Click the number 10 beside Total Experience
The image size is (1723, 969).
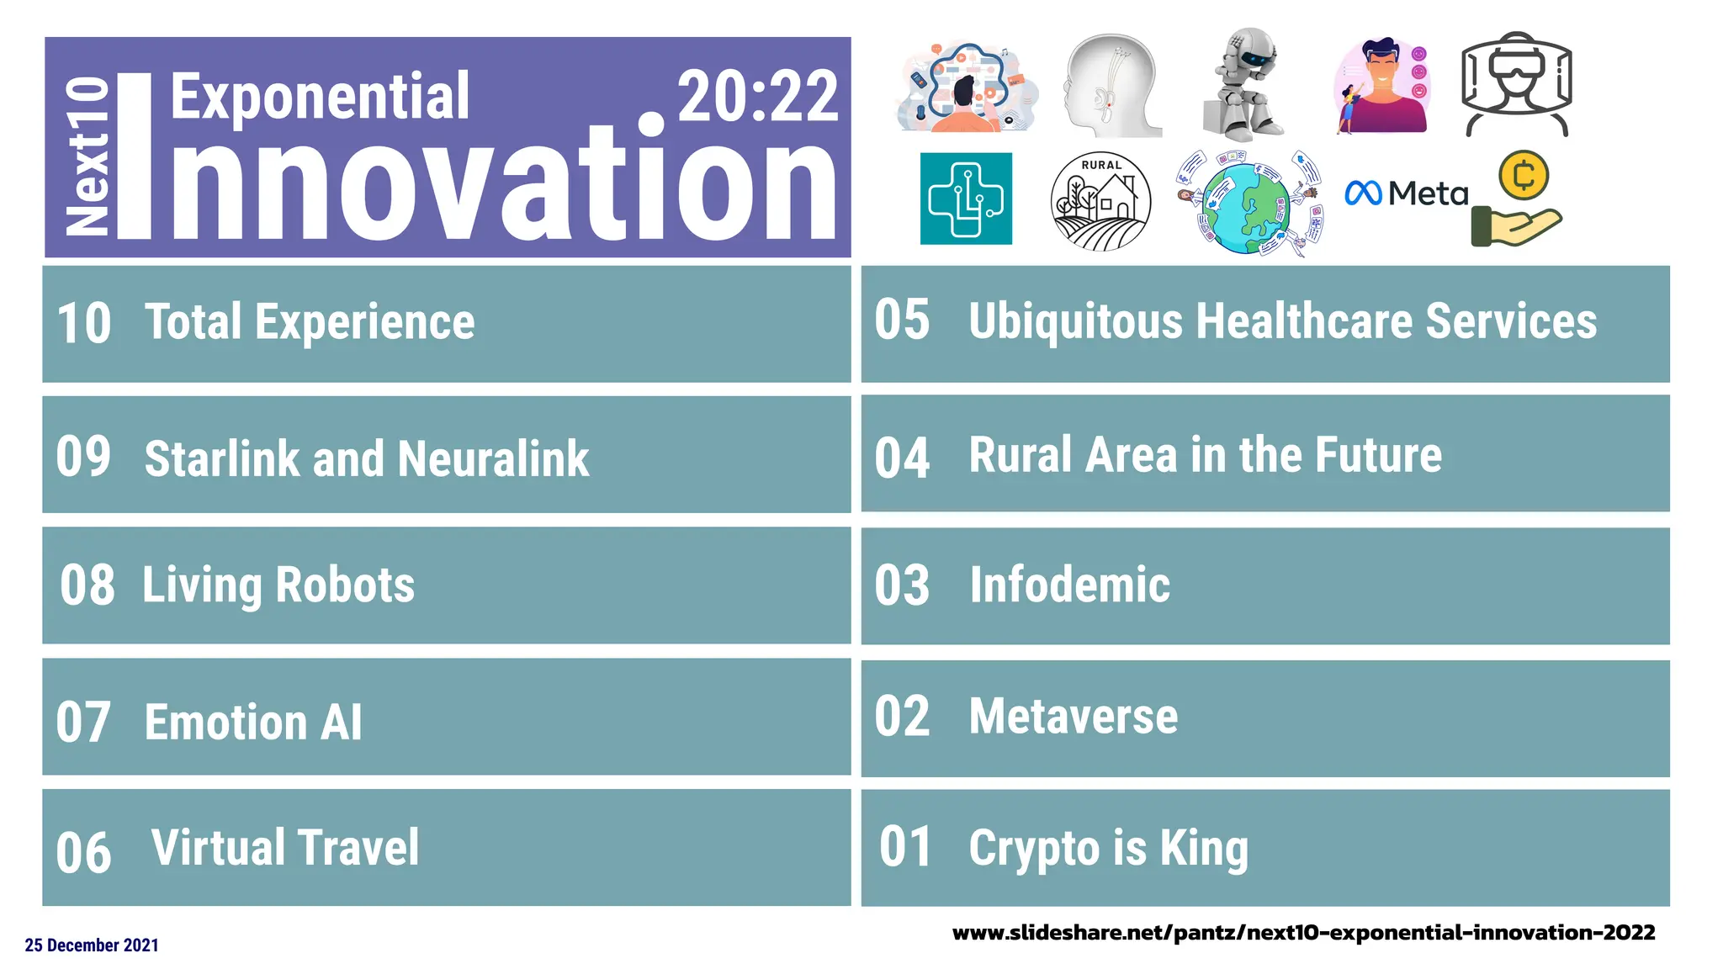click(x=83, y=324)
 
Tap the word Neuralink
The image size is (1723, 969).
click(x=493, y=459)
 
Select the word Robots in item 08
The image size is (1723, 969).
click(x=345, y=585)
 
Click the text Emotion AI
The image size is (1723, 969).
click(x=253, y=723)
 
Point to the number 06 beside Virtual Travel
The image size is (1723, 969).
click(x=83, y=853)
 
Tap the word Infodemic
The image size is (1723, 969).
click(x=1069, y=585)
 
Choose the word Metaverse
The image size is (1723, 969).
click(x=1073, y=717)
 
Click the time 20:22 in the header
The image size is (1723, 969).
click(x=757, y=98)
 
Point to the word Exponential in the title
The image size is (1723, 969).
click(x=320, y=98)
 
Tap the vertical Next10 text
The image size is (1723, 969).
click(x=87, y=156)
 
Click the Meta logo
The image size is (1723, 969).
click(x=1406, y=193)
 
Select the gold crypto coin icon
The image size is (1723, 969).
click(x=1523, y=176)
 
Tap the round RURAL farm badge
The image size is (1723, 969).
click(x=1100, y=202)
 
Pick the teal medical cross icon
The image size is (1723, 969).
click(x=966, y=199)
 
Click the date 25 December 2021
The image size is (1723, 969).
click(x=92, y=945)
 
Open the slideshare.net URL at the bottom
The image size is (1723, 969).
click(x=1303, y=933)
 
